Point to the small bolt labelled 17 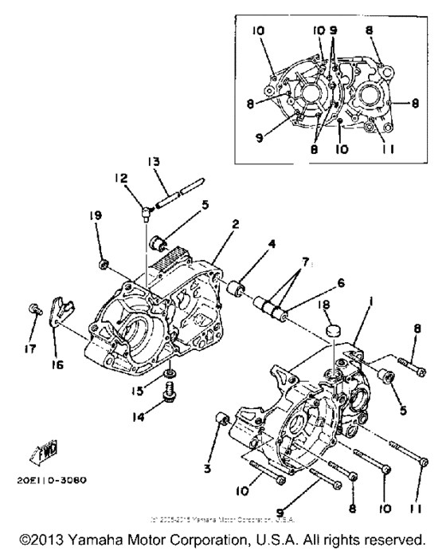33,309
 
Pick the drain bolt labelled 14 169,393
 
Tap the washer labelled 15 169,373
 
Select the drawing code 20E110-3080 50,481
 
